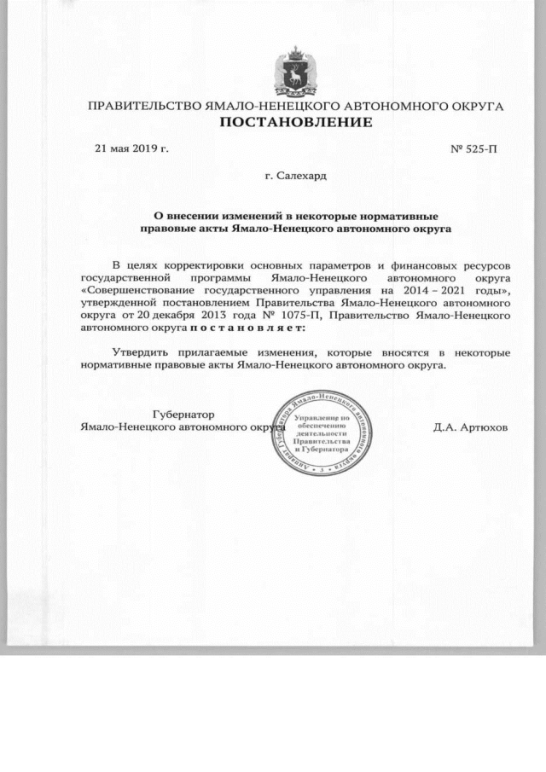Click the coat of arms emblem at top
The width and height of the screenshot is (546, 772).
click(x=296, y=72)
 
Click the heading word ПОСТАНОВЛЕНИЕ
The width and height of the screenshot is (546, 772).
click(x=297, y=123)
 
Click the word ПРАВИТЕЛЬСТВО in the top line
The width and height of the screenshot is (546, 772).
click(x=144, y=107)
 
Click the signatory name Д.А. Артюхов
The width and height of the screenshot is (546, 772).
click(x=470, y=427)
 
